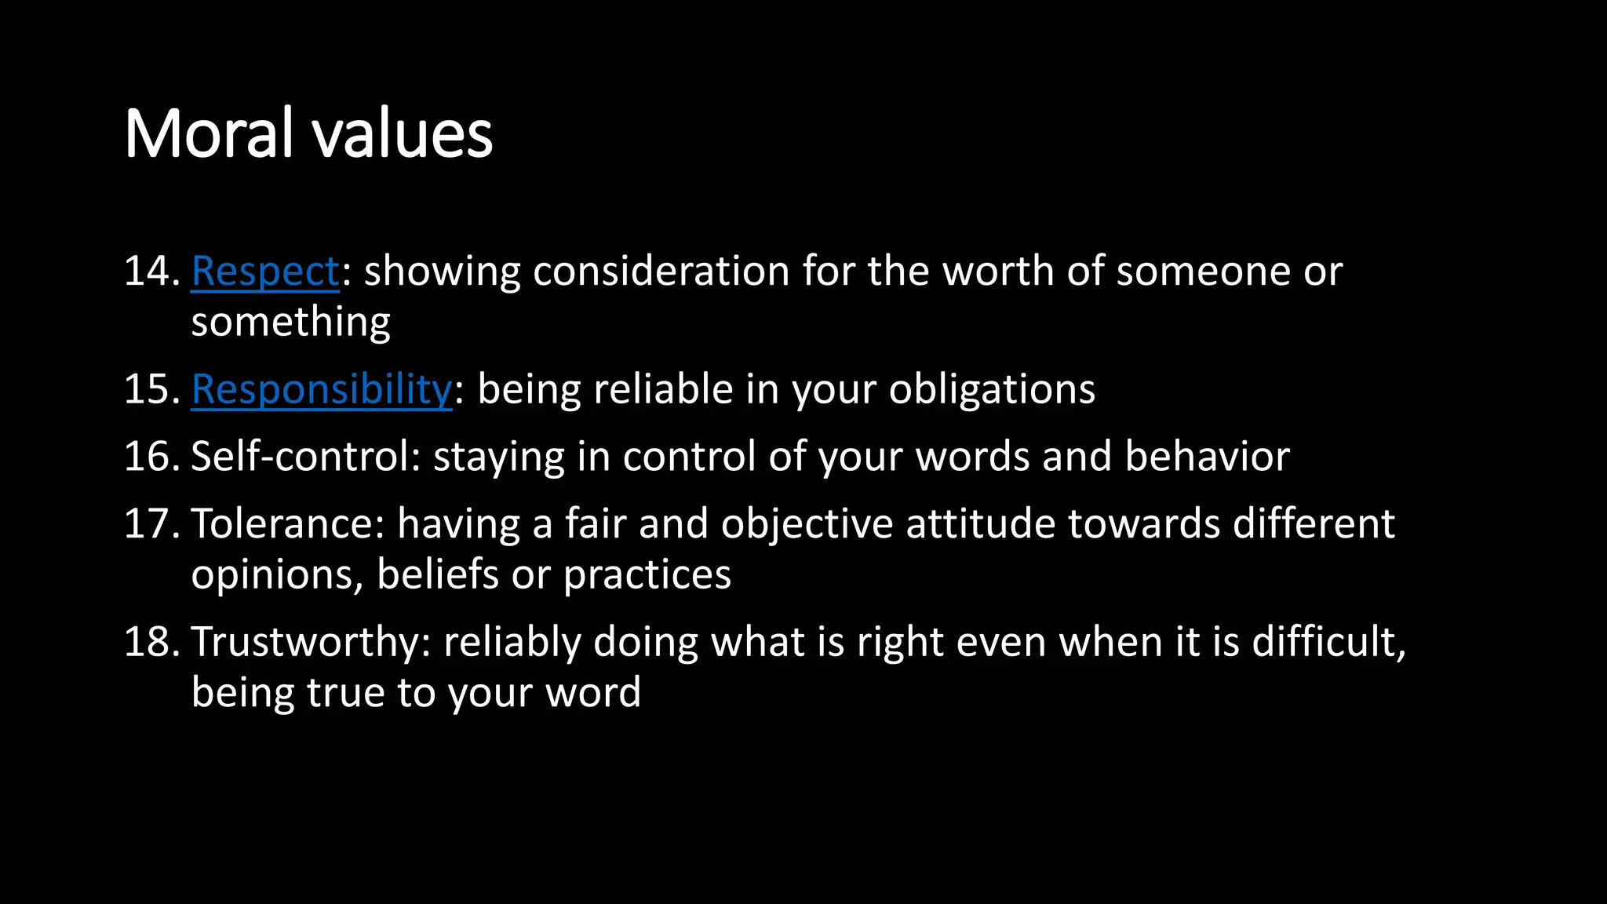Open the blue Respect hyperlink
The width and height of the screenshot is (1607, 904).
tap(264, 272)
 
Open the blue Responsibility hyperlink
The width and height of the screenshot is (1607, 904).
tap(321, 389)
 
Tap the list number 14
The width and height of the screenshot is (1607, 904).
tap(151, 272)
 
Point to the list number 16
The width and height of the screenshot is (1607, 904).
tap(151, 457)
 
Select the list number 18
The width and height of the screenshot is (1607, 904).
tap(151, 642)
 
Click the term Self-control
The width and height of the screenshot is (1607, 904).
tap(304, 457)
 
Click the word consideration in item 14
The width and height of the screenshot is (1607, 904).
tap(661, 272)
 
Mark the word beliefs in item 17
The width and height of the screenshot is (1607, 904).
tap(437, 574)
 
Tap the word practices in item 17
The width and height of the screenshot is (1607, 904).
tap(647, 574)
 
